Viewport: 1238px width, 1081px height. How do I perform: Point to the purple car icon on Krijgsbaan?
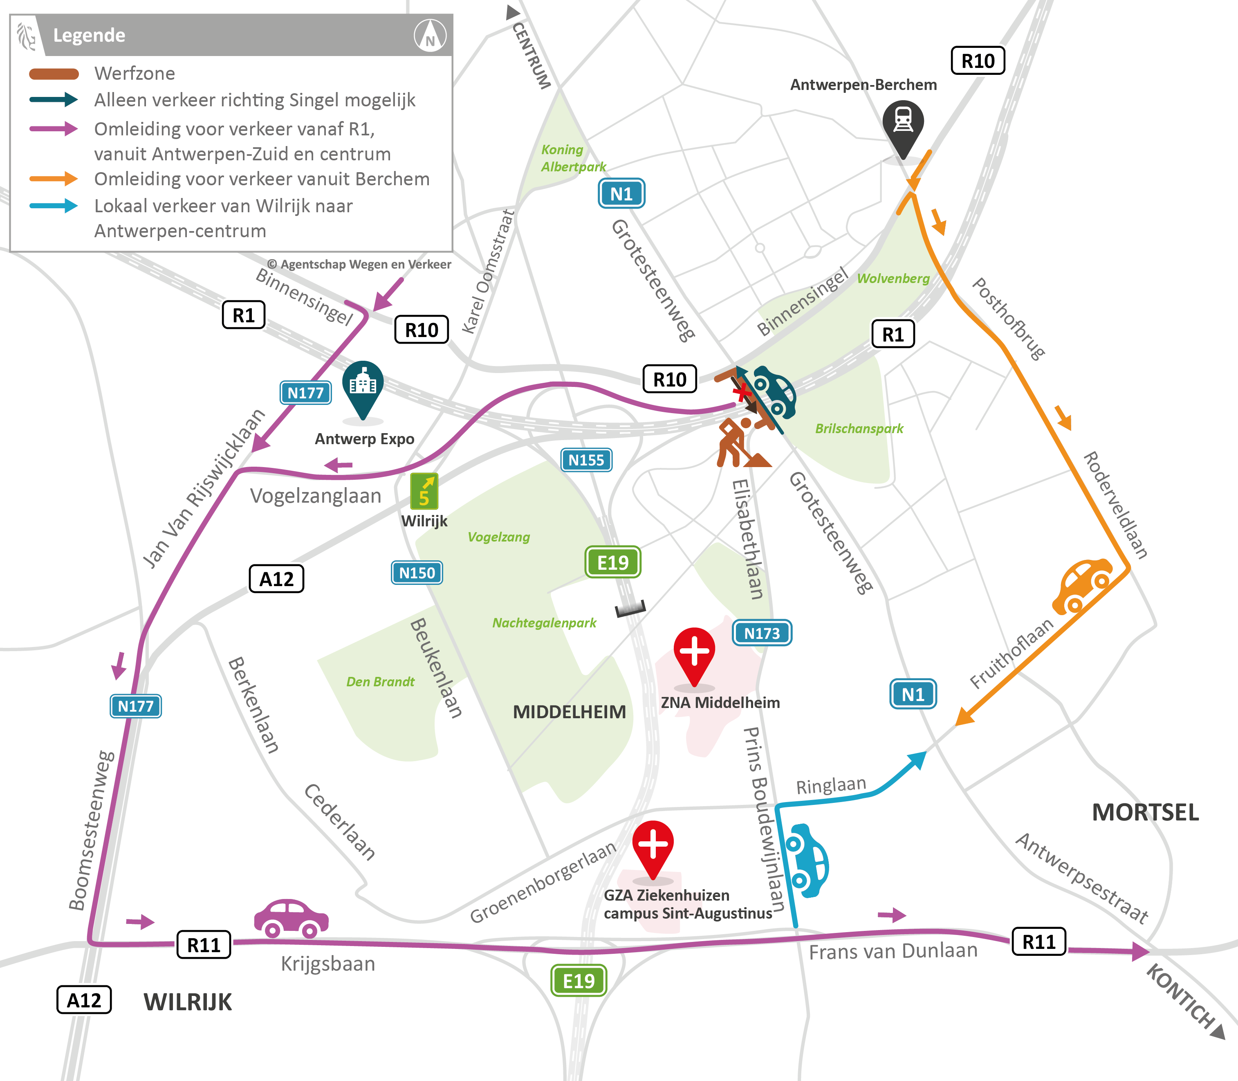point(291,919)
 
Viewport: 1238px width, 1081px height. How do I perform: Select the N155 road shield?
point(585,460)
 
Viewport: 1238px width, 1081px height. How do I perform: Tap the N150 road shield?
point(417,573)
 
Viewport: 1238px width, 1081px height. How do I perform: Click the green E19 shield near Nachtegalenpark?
point(613,562)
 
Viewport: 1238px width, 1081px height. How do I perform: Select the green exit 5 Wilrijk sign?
point(424,492)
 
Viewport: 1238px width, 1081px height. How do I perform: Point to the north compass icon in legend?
point(430,36)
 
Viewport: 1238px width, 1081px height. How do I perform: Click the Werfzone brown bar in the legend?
point(54,74)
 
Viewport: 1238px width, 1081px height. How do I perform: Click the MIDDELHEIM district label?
point(569,712)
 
